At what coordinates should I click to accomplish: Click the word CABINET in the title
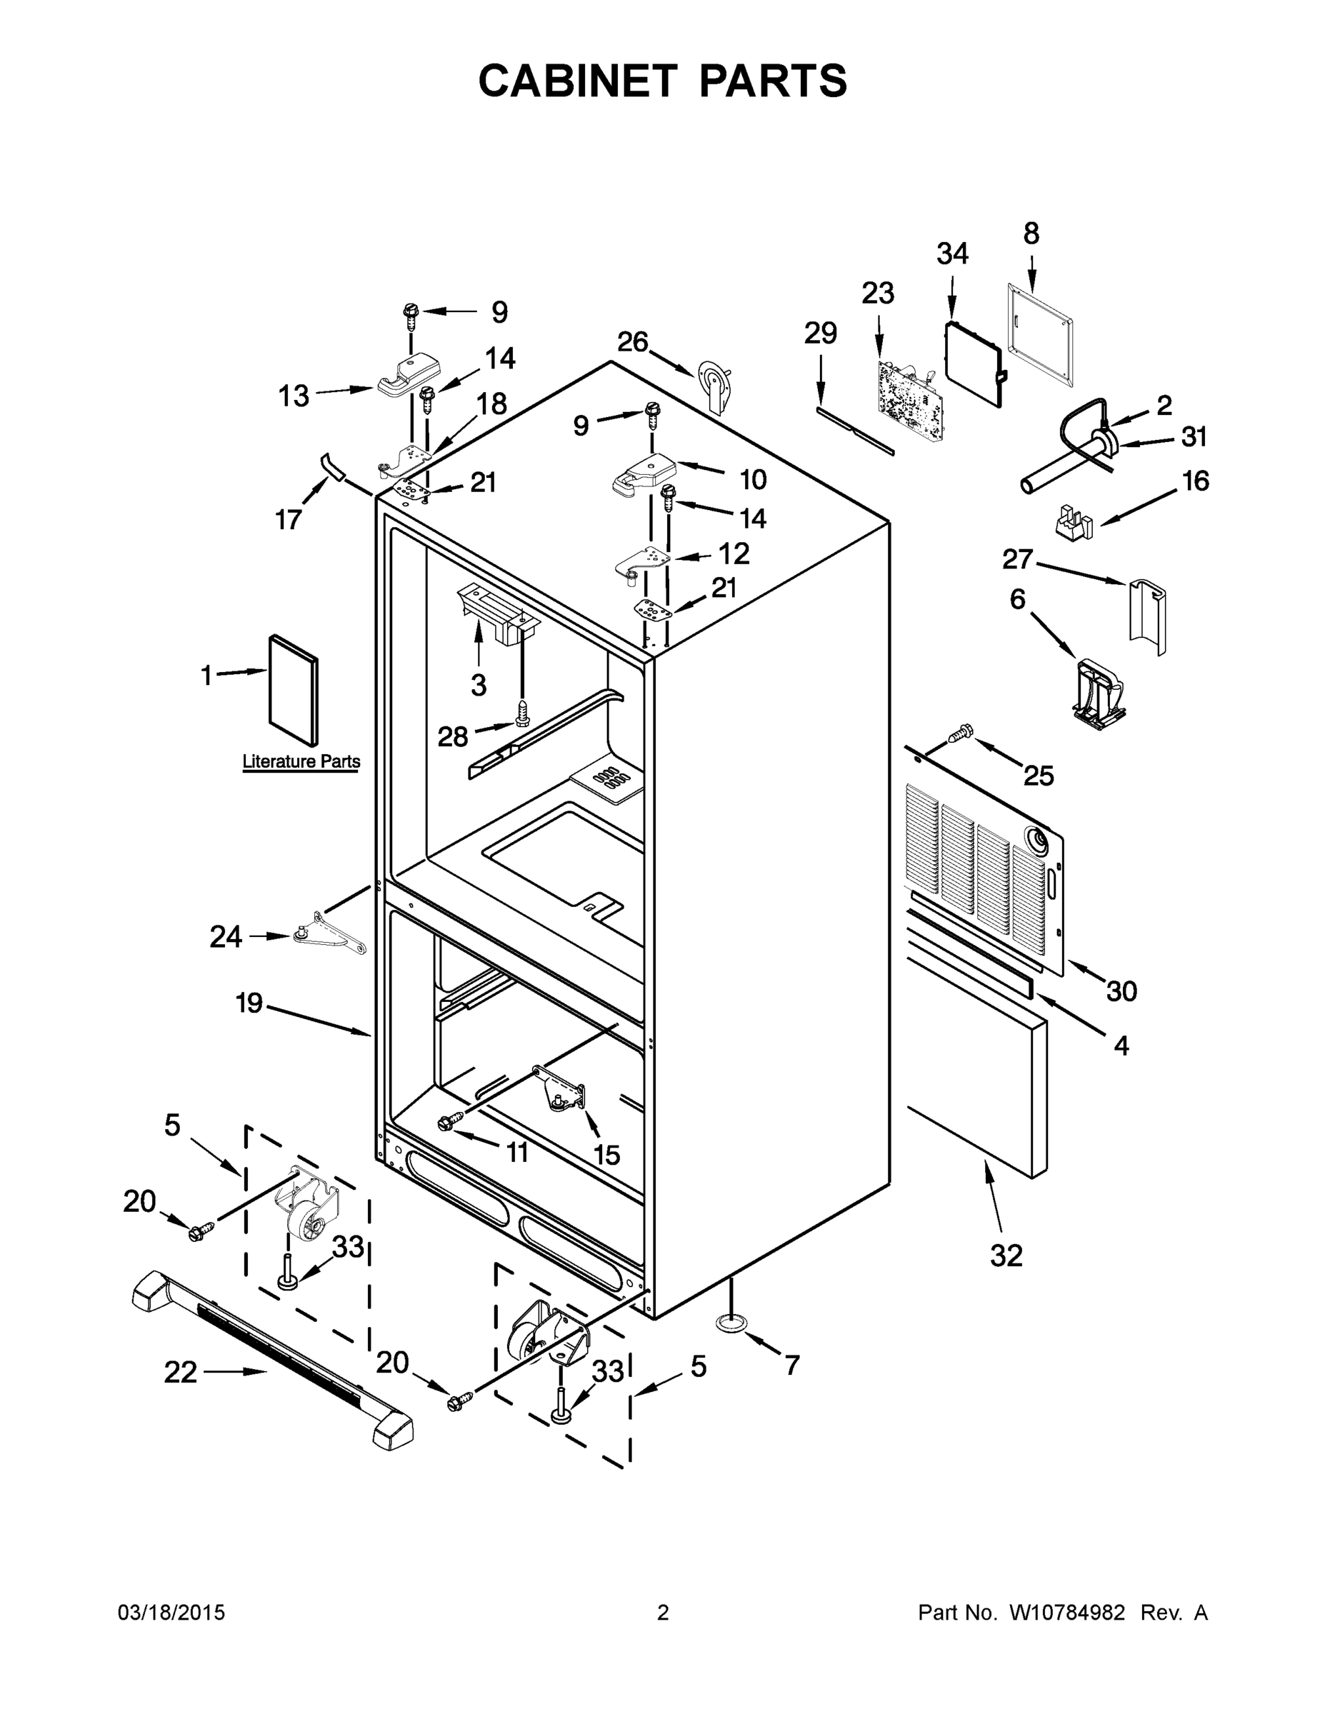click(x=578, y=80)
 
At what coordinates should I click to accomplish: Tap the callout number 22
click(x=181, y=1373)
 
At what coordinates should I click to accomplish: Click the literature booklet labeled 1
click(x=294, y=691)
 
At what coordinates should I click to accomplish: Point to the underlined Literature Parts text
click(x=301, y=761)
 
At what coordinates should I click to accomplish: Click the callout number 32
click(x=1006, y=1256)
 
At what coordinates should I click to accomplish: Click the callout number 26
click(x=633, y=342)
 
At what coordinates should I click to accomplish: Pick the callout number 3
click(x=479, y=684)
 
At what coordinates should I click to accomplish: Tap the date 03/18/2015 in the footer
click(x=171, y=1613)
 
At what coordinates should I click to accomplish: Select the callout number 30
click(x=1121, y=991)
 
